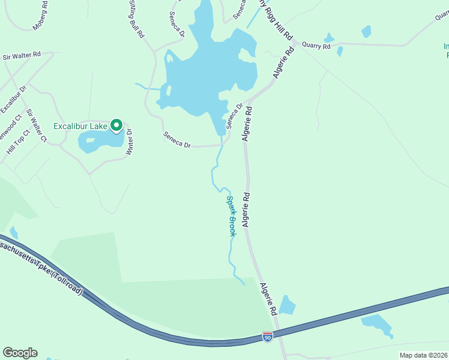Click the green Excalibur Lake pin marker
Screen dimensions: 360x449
coord(116,125)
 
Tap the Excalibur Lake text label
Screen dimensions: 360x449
coord(80,126)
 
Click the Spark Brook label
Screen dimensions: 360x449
coord(231,215)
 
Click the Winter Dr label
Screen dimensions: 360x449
coord(128,142)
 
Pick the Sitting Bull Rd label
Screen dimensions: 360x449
coord(136,19)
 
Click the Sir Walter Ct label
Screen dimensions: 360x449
coord(36,125)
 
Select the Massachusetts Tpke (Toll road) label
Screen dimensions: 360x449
coord(42,265)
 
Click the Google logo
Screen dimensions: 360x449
coord(20,353)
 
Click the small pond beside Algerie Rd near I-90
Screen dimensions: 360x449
coord(287,305)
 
